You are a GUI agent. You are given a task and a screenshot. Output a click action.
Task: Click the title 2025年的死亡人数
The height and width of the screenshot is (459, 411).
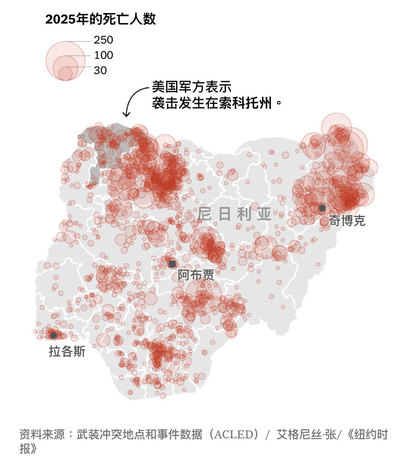coord(100,19)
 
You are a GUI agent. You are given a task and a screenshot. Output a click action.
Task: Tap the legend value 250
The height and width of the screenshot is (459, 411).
coord(103,40)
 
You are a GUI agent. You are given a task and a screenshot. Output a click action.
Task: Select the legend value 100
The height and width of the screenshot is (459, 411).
coord(103,55)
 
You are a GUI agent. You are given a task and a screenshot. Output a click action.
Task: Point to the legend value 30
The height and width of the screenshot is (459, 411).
coord(100,70)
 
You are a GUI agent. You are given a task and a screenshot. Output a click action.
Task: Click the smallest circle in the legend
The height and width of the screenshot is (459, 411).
coord(65,73)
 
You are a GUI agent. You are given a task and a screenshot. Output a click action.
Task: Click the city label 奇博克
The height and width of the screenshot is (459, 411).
coord(347,221)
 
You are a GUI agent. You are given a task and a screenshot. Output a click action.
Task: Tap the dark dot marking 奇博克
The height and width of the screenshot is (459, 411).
coord(322,208)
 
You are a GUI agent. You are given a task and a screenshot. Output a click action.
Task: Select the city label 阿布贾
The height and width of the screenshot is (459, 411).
coord(196,275)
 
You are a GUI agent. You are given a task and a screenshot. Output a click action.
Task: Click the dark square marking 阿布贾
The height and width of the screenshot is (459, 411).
coord(172,264)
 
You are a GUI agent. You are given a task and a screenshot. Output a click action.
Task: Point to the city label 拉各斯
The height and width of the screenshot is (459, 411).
coord(67,351)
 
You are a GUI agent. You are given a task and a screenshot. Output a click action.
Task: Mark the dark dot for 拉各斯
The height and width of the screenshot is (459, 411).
coord(53,335)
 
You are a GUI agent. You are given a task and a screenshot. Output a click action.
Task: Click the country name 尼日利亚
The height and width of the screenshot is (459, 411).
coord(234,214)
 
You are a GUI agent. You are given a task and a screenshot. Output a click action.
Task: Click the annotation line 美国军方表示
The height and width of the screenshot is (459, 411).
coord(192,87)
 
